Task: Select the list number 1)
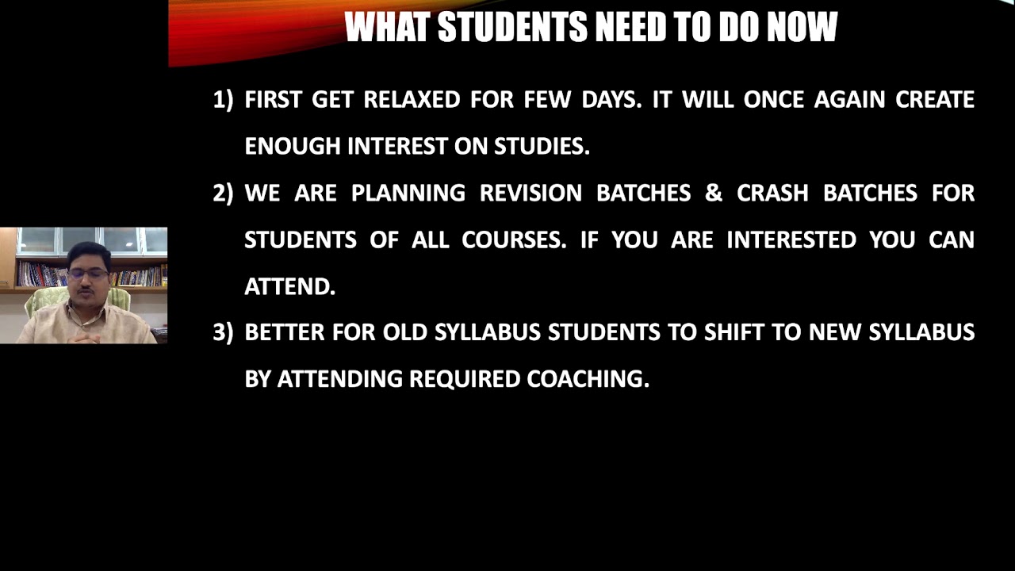click(223, 100)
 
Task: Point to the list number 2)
click(223, 194)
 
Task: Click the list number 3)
click(223, 332)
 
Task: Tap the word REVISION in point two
click(530, 194)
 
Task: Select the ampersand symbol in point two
click(714, 194)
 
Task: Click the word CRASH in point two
click(772, 194)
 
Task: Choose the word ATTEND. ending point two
click(289, 287)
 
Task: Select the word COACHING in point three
click(588, 379)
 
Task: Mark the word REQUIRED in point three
click(464, 379)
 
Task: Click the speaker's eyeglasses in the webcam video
click(87, 274)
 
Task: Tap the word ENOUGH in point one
click(293, 147)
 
